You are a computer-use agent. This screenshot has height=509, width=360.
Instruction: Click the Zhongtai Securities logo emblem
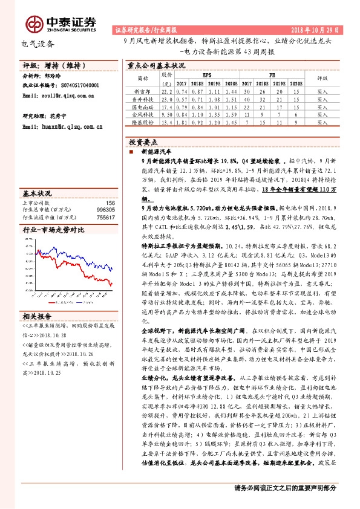(x=34, y=24)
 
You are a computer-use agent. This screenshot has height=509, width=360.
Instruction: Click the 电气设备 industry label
(x=38, y=44)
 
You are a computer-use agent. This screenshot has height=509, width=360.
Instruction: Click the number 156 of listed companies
(x=110, y=203)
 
